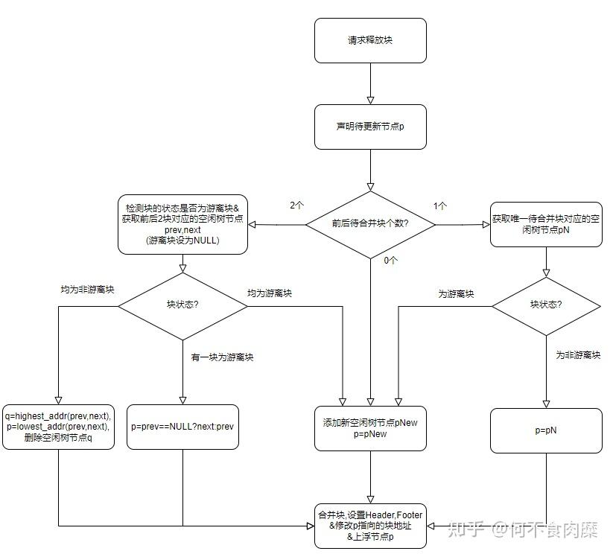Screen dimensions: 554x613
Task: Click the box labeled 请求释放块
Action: (370, 40)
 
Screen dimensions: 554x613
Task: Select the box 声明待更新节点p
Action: (370, 127)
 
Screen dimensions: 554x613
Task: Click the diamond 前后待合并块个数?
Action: (370, 223)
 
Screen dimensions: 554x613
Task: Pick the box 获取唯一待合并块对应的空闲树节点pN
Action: (546, 224)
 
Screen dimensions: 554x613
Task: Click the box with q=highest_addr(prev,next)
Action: (59, 427)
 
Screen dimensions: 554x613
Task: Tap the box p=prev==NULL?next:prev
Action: (183, 427)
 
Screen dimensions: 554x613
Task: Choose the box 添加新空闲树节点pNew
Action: (370, 427)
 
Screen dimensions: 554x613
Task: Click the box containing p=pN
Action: (546, 430)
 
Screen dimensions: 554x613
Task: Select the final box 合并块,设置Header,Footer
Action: (370, 526)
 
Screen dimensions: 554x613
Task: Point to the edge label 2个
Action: (297, 205)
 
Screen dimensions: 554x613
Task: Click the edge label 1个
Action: (440, 205)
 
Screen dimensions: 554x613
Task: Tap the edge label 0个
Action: (390, 261)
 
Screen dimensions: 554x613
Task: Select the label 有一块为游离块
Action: (223, 357)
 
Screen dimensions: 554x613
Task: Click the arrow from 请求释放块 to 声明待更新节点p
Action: (370, 83)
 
